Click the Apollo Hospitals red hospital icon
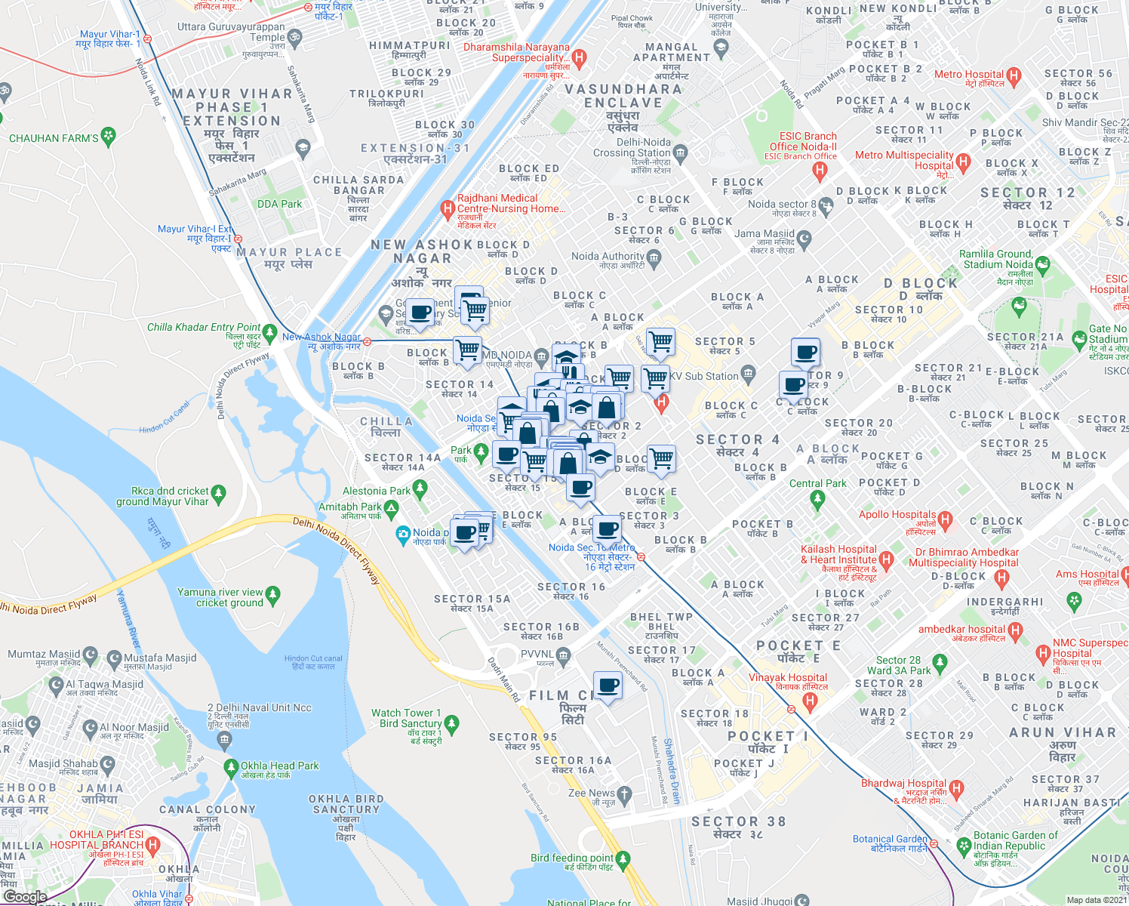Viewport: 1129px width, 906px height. coord(946,520)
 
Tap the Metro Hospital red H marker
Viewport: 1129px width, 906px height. coord(1014,75)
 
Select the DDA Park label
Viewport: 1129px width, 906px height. coord(279,204)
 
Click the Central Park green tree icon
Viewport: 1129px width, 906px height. coord(817,498)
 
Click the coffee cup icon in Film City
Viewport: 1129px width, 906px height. coord(608,686)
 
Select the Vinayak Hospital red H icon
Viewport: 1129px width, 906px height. coord(810,701)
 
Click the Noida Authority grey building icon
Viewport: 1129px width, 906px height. coord(654,257)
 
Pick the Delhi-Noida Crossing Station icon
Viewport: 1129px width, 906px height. coord(680,153)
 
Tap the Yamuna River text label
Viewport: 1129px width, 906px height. coord(128,620)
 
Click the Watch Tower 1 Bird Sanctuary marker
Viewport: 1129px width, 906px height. coord(451,724)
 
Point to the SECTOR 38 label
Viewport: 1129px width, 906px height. coord(738,821)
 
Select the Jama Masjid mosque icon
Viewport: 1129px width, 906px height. coord(804,239)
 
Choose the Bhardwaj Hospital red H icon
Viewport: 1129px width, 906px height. coord(956,789)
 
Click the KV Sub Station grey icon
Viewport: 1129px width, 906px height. coord(748,373)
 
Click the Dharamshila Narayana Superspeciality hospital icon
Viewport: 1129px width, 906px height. coord(579,57)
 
